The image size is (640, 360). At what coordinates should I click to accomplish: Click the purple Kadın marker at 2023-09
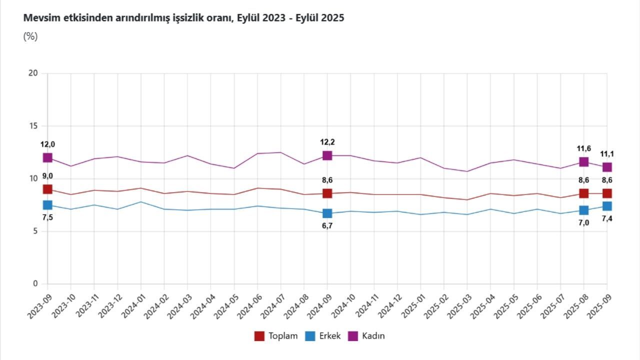coord(47,157)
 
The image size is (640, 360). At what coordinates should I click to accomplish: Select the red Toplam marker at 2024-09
coord(327,193)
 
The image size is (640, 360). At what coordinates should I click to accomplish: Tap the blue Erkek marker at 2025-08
coord(583,210)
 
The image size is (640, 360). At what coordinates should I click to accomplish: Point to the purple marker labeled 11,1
coord(607,167)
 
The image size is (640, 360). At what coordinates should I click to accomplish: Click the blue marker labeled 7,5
coord(47,205)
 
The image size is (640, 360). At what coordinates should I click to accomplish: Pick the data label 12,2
coord(327,142)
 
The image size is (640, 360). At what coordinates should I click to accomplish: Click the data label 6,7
coord(327,226)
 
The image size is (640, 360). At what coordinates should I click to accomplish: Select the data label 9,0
coord(47,176)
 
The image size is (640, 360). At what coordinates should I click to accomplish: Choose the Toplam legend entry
coord(276,336)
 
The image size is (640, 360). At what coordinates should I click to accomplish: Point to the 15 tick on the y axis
coord(33,126)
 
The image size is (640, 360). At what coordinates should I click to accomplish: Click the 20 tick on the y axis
coord(33,73)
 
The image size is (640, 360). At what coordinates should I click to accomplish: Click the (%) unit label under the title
coord(30,36)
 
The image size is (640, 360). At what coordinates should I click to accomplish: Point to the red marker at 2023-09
coord(47,189)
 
